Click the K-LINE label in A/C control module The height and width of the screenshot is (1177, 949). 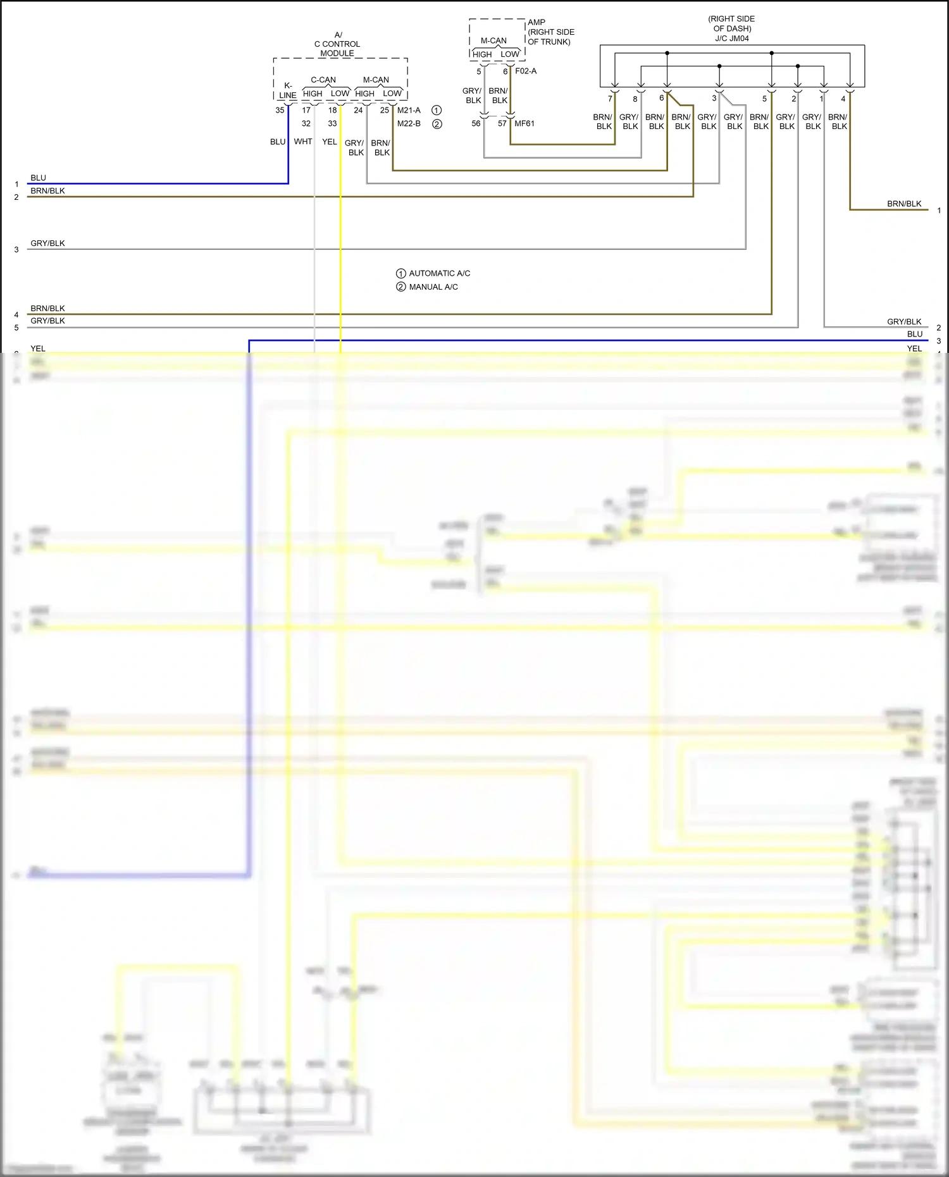tap(288, 90)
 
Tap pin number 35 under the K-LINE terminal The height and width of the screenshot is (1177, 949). tap(280, 110)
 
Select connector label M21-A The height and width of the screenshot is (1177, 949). tap(409, 110)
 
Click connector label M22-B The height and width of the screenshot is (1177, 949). tap(409, 123)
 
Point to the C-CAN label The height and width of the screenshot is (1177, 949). tap(323, 80)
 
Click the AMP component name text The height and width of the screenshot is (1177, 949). tap(537, 22)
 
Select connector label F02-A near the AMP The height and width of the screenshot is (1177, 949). tap(526, 71)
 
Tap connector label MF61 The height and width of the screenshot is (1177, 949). tap(524, 123)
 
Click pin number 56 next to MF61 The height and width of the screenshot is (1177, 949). tap(476, 123)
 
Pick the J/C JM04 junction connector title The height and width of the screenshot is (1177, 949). tap(732, 38)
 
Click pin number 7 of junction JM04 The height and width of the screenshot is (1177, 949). tap(610, 99)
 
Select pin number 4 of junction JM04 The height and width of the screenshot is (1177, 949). tap(843, 99)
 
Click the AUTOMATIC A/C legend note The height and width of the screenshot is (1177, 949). tap(439, 273)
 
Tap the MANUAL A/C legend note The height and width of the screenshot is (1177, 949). tap(433, 287)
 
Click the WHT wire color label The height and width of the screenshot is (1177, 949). tap(303, 142)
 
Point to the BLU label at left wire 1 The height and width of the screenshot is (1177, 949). tap(38, 178)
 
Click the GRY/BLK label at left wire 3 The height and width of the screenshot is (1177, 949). tap(47, 243)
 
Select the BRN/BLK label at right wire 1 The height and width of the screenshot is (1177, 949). tap(904, 204)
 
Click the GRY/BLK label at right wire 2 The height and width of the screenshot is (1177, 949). tap(904, 321)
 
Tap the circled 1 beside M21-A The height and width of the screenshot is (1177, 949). tap(437, 110)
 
